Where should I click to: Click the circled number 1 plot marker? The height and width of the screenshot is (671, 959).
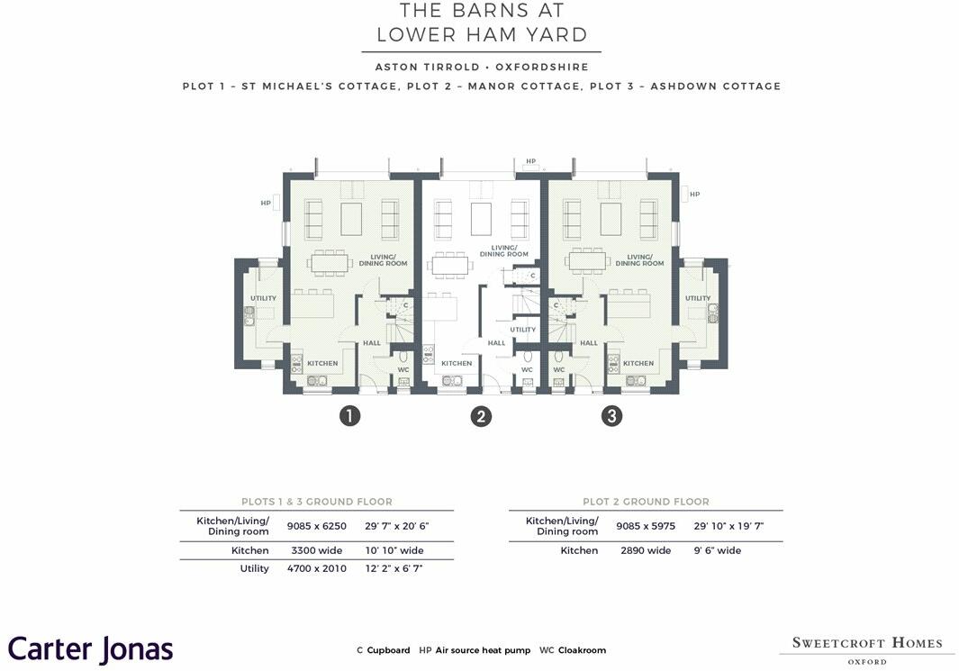pos(349,416)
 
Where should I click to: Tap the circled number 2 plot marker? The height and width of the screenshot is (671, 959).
pos(481,416)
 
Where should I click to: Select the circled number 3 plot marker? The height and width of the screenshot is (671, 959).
pos(611,416)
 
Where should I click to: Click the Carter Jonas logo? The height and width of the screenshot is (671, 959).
pos(91,649)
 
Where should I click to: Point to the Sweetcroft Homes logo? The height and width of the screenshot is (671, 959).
pos(867,649)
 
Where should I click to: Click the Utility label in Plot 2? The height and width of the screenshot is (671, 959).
pos(523,330)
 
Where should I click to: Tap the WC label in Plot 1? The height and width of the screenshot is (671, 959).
pos(403,370)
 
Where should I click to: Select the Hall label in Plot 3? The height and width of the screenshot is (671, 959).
pos(589,343)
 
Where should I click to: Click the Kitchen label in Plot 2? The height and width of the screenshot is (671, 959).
pos(457,363)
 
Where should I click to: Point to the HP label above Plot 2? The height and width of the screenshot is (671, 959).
pos(531,161)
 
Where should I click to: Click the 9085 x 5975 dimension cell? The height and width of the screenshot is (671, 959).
pos(646,526)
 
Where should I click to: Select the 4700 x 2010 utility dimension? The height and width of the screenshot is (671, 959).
pos(317,569)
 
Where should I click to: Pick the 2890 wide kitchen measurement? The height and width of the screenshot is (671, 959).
pos(646,550)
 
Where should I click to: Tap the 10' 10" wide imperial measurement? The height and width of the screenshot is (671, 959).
pos(394,550)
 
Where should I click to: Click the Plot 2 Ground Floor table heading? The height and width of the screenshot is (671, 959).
pos(646,502)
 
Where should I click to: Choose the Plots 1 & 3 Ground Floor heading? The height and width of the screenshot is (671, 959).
pos(317,502)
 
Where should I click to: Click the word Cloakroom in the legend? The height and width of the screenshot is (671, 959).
pos(583,650)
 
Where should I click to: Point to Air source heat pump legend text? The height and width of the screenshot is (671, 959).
pos(484,650)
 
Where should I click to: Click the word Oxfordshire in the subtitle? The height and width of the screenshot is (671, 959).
pos(542,68)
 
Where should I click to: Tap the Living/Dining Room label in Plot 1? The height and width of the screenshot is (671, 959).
pos(384,260)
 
